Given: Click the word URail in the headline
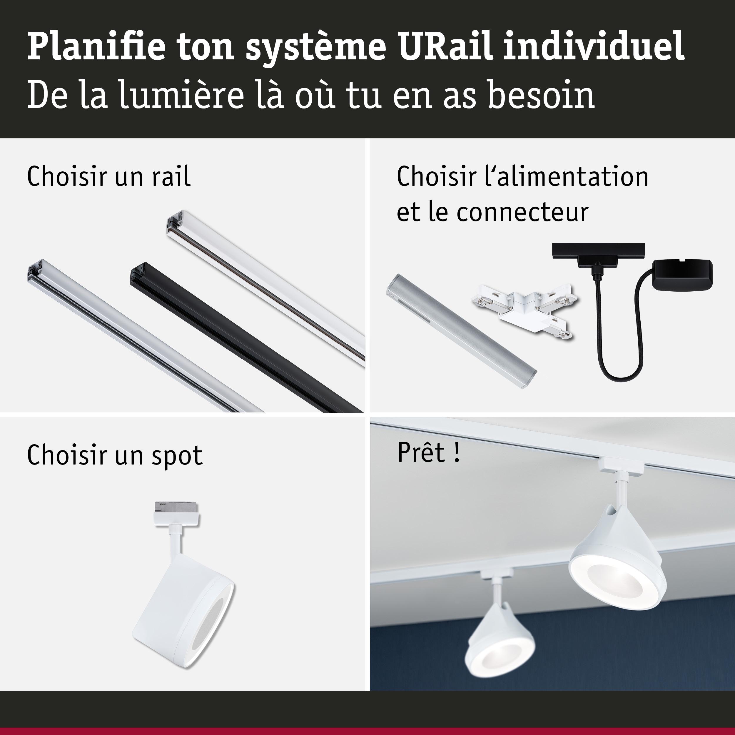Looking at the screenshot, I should pyautogui.click(x=446, y=47).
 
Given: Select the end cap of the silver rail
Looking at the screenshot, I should pyautogui.click(x=37, y=270).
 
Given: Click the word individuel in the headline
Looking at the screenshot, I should pyautogui.click(x=594, y=47).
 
